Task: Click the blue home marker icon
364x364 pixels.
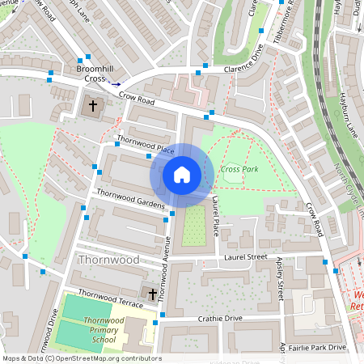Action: click(182, 175)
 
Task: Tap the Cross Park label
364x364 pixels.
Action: click(239, 169)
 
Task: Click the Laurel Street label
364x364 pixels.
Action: click(244, 257)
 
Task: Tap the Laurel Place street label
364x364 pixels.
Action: click(216, 210)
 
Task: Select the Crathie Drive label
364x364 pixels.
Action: click(221, 319)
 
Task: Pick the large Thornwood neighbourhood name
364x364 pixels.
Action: click(108, 260)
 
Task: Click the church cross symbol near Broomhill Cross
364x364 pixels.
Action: click(93, 105)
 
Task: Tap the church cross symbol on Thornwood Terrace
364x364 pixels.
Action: click(151, 293)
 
